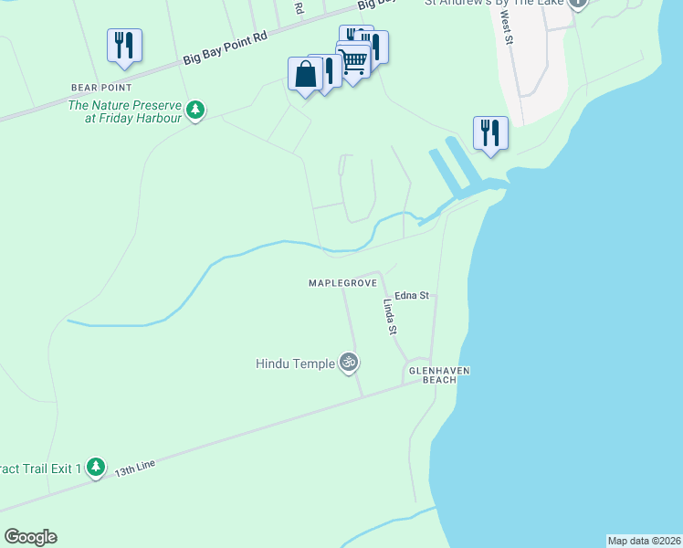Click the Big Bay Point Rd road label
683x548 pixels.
(x=226, y=50)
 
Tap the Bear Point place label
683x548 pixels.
(x=102, y=88)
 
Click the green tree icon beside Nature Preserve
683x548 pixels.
(x=194, y=111)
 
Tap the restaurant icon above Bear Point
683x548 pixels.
(x=123, y=45)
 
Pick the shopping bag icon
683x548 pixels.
(x=305, y=73)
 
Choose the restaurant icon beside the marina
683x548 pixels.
(x=490, y=132)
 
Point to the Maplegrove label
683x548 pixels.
(x=342, y=284)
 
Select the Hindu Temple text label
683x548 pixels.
(x=295, y=364)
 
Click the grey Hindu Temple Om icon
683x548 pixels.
(x=348, y=363)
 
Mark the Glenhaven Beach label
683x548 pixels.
(x=432, y=374)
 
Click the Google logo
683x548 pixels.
(x=30, y=537)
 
